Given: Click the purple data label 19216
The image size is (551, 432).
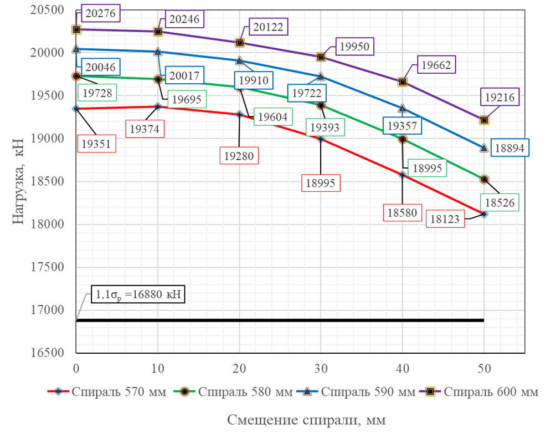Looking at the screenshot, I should click(x=500, y=98).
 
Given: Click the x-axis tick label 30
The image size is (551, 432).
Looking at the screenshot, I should click(x=321, y=367).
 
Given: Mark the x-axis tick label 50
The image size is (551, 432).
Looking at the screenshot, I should click(x=484, y=367).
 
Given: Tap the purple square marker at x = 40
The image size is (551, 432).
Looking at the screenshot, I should click(x=403, y=82).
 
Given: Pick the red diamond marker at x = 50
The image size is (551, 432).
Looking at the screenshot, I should click(x=484, y=214).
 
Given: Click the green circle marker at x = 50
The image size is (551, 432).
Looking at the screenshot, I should click(x=484, y=179).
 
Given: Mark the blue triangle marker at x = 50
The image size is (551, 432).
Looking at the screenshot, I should click(x=484, y=148).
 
